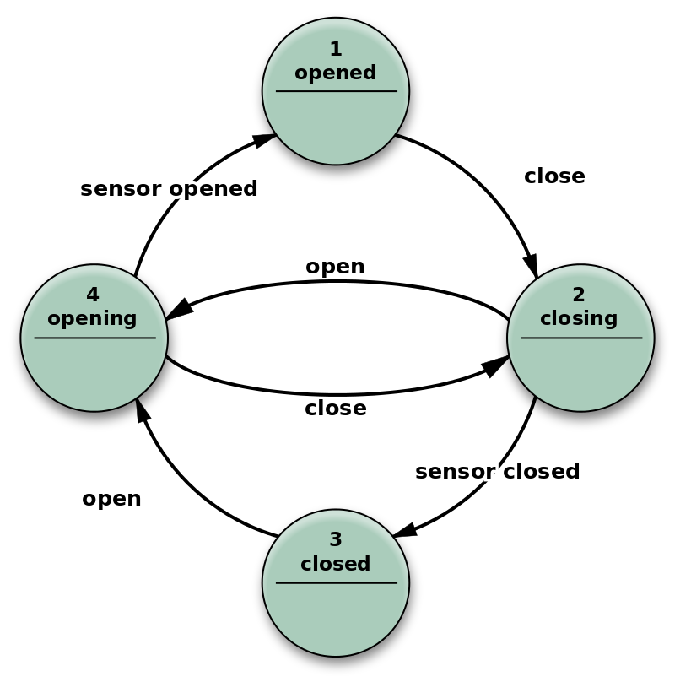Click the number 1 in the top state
(x=336, y=50)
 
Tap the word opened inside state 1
(x=336, y=73)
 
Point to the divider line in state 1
(x=336, y=91)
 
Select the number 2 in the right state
(x=579, y=295)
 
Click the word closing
(x=579, y=318)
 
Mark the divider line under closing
(x=580, y=338)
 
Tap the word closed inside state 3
(x=336, y=563)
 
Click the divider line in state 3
(x=336, y=582)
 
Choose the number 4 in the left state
(x=93, y=295)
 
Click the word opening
(x=92, y=319)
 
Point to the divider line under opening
(x=94, y=338)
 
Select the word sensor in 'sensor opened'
(x=121, y=189)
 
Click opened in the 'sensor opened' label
(x=213, y=189)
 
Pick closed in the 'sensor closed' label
(x=541, y=471)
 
